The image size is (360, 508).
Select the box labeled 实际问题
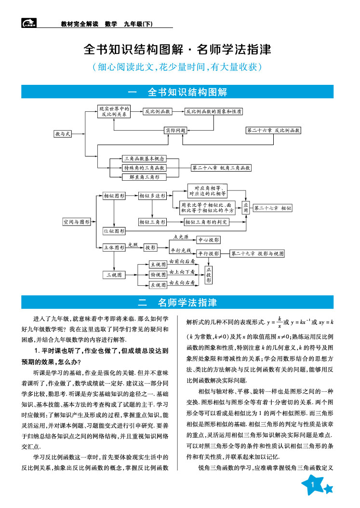point(175,130)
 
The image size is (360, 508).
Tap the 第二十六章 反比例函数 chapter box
point(273,130)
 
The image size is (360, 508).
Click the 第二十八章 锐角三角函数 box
point(221,168)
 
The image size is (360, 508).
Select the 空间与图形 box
point(77,222)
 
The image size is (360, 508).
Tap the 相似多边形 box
point(152,196)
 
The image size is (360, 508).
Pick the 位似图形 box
point(114,231)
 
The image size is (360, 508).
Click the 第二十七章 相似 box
point(273,208)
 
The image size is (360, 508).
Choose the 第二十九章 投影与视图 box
point(257,253)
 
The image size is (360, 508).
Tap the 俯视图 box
point(158,274)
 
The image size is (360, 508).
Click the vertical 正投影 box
point(209,275)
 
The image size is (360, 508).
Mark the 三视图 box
point(114,275)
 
